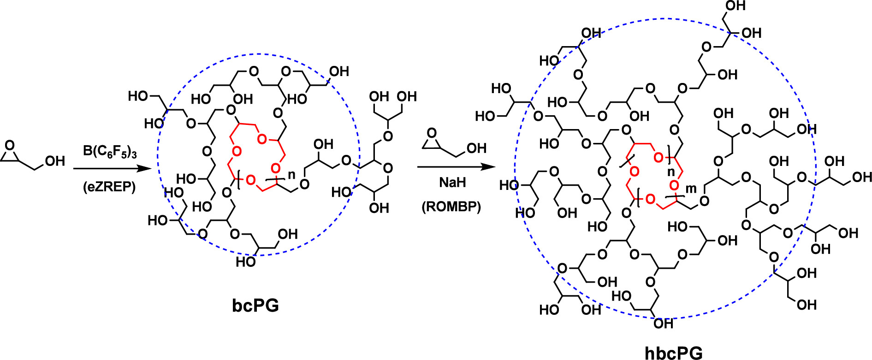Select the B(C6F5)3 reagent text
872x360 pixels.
click(110, 151)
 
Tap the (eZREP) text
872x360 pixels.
click(110, 187)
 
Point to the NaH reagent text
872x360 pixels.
click(452, 183)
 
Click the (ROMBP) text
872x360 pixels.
click(451, 207)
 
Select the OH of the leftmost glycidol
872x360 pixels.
click(55, 161)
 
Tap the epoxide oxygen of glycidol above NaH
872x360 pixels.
click(432, 133)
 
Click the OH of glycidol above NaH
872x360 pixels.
click(476, 148)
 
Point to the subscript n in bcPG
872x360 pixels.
click(291, 176)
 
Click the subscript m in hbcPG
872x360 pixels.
click(691, 188)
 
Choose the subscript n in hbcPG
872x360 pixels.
click(671, 172)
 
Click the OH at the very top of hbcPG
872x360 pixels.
click(735, 6)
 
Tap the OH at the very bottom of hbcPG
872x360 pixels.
click(663, 324)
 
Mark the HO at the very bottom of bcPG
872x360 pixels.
click(245, 262)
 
